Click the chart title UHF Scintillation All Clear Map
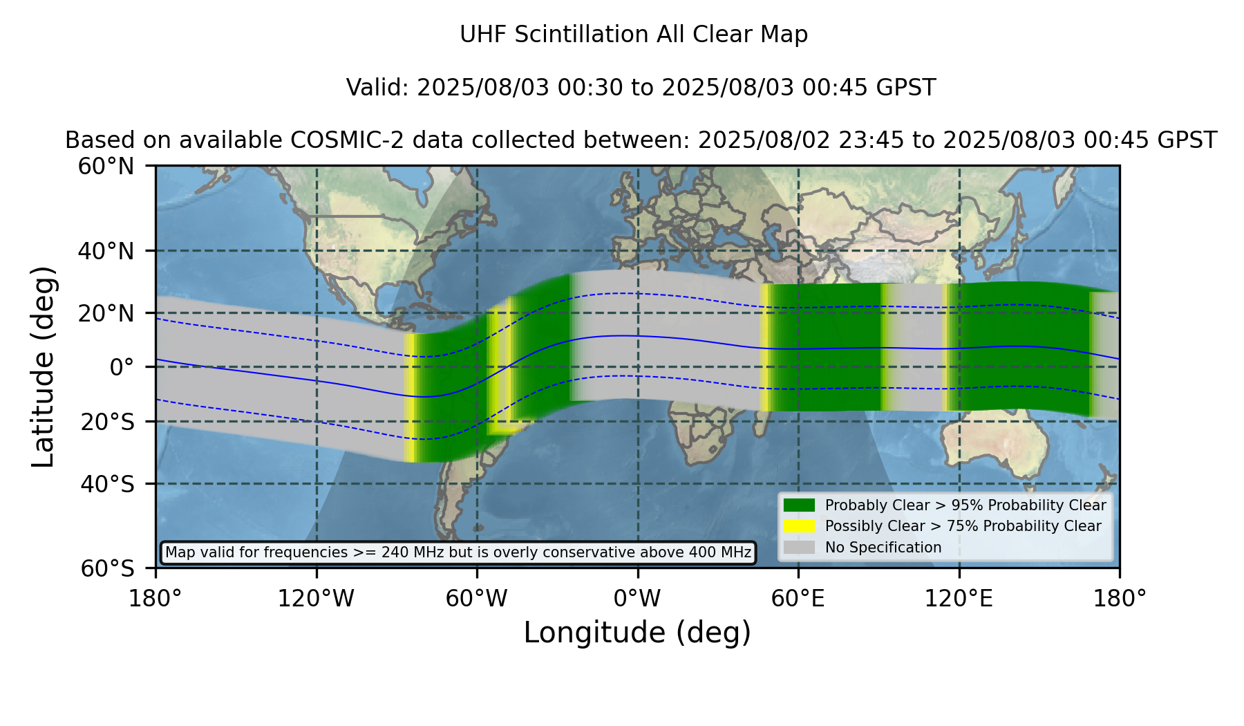(x=634, y=35)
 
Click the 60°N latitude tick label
(x=106, y=167)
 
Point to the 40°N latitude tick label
(x=106, y=251)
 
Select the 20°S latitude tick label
(x=107, y=422)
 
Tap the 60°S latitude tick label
(x=107, y=568)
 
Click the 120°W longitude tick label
(x=316, y=598)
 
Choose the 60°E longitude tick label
(x=798, y=598)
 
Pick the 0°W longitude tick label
(x=637, y=598)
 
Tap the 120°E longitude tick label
(x=959, y=598)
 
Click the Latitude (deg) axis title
(x=44, y=366)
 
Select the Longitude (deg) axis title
(x=637, y=633)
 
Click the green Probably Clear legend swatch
(x=800, y=505)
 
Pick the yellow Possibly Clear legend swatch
(x=800, y=526)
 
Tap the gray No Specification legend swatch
(x=800, y=548)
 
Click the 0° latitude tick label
(x=122, y=367)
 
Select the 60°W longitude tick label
(x=477, y=598)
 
